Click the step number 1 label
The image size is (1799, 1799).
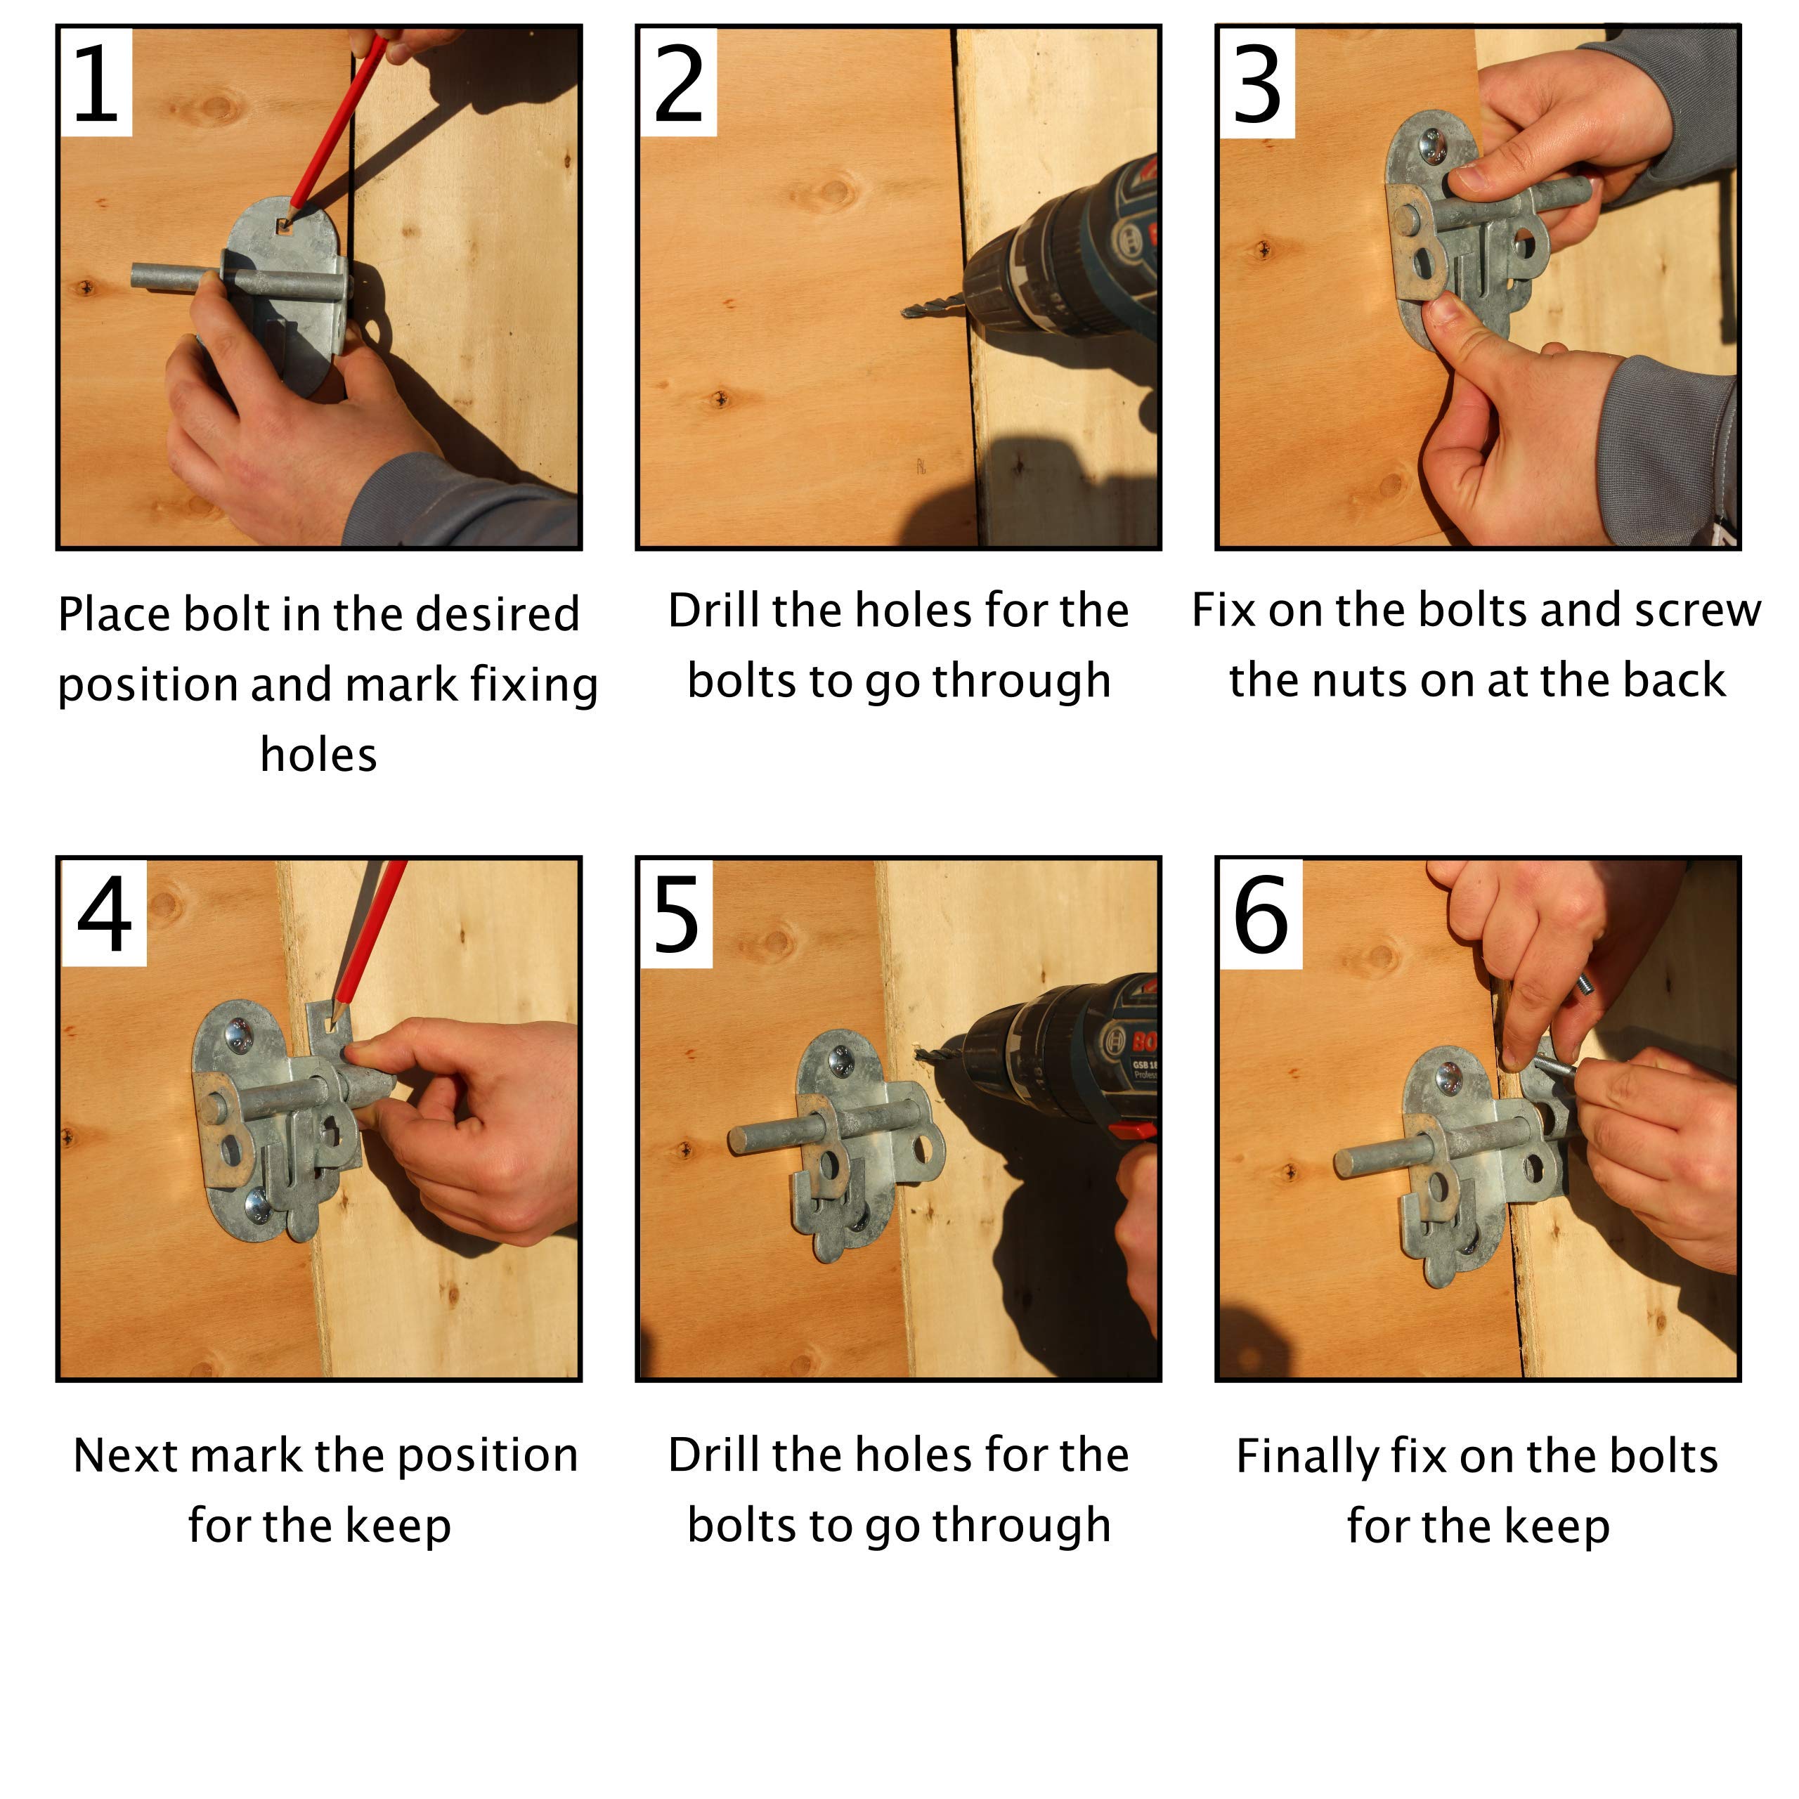pos(95,83)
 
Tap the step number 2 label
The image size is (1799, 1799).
pos(678,83)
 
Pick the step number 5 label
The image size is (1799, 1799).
pos(676,916)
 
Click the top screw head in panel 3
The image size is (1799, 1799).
pos(1429,145)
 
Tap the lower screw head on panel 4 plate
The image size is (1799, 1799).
pos(258,1206)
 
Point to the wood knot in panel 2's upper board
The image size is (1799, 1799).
pos(831,192)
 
